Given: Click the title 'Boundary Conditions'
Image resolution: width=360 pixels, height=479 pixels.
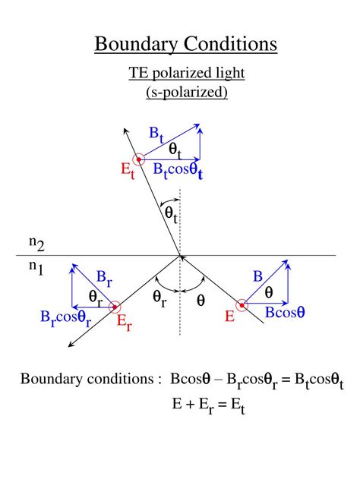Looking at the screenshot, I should point(186,43).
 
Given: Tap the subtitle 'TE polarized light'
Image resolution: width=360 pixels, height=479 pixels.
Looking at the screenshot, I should point(186,74).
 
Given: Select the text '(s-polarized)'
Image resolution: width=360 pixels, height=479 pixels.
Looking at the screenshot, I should point(187,92).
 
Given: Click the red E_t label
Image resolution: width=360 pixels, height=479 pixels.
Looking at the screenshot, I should point(128,170).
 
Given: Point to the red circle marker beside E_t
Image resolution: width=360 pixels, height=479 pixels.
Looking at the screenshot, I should point(138,159).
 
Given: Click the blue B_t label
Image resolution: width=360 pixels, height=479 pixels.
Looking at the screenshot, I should point(156,135).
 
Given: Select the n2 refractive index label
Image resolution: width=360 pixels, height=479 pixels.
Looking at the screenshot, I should point(36,244).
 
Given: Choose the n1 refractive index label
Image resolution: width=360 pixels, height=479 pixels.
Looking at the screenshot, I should point(36,267).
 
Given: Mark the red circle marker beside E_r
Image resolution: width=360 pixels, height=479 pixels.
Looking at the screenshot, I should point(115,307).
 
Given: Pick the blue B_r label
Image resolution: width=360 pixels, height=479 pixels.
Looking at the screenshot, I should point(104,278).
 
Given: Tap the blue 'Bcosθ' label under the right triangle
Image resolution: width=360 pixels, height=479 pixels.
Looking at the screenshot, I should point(285,312).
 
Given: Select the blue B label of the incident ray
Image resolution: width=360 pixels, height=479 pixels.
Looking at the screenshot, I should point(257,277).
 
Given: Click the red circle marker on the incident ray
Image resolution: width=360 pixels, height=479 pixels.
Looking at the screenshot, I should point(242,307).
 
